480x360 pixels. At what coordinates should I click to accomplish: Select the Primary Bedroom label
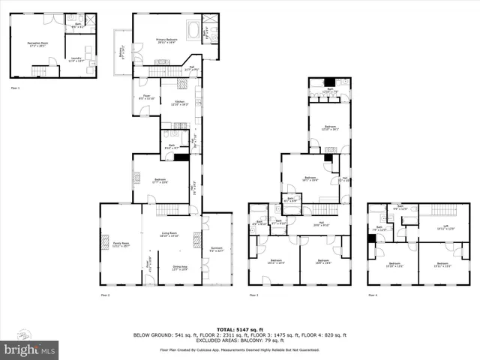166,41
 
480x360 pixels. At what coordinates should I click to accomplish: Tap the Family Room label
121,244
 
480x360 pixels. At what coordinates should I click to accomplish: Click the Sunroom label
217,250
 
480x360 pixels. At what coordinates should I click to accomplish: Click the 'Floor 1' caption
15,88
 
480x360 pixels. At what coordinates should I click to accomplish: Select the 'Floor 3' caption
253,295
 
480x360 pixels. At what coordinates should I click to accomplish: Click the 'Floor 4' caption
373,295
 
